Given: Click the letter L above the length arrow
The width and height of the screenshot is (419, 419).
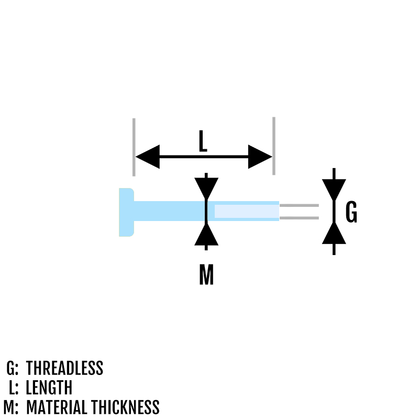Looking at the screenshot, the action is point(203,141).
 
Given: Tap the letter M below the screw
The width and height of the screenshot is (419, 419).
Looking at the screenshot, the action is point(206,274).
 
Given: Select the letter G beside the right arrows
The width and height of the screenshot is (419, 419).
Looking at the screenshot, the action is point(351,212).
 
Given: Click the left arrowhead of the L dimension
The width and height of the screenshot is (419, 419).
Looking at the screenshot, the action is point(148,157).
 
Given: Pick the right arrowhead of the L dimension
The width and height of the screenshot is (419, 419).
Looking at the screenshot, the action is point(260,157).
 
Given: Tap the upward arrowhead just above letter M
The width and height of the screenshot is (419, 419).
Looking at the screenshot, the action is point(206,234).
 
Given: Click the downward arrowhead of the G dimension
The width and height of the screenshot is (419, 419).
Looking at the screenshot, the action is point(334,190).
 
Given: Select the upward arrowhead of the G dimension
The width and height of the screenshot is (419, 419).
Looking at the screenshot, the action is point(334,233).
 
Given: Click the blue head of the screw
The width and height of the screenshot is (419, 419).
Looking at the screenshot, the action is point(126,212).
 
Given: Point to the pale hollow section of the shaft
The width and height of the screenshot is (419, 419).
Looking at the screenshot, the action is point(247,212).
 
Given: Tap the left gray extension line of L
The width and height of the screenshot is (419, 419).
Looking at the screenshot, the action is point(134,147).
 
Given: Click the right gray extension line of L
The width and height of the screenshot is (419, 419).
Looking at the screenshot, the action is point(274,146).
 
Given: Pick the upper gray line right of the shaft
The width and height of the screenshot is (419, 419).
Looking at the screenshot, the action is point(299,205).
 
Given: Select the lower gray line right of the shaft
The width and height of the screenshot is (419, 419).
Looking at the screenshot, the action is point(299,218).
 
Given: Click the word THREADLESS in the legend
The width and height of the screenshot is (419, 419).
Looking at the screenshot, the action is point(64,368).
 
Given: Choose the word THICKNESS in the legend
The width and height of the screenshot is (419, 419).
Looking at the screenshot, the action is point(125,407).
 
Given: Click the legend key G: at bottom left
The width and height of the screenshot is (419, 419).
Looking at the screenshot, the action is point(12,368).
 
